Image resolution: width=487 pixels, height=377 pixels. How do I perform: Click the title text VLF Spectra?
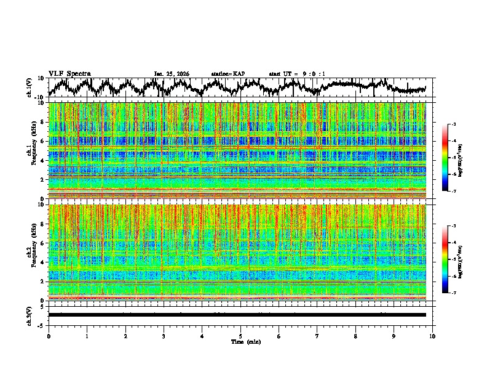(69, 73)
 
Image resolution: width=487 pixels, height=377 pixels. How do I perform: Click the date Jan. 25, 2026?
(172, 74)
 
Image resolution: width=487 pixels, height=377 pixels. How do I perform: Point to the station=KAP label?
(228, 74)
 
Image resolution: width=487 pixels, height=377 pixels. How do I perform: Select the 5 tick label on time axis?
(240, 336)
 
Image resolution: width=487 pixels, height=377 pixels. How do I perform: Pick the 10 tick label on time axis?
(432, 336)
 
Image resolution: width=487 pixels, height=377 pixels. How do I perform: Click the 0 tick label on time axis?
(49, 336)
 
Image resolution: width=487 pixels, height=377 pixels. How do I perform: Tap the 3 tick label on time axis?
(164, 336)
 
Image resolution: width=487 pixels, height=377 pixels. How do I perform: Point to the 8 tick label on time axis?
(355, 336)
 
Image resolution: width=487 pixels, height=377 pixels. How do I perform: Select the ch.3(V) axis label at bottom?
(30, 314)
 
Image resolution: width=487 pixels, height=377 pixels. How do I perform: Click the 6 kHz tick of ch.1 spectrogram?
(41, 141)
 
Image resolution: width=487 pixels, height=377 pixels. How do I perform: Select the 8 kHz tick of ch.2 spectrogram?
(41, 224)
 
